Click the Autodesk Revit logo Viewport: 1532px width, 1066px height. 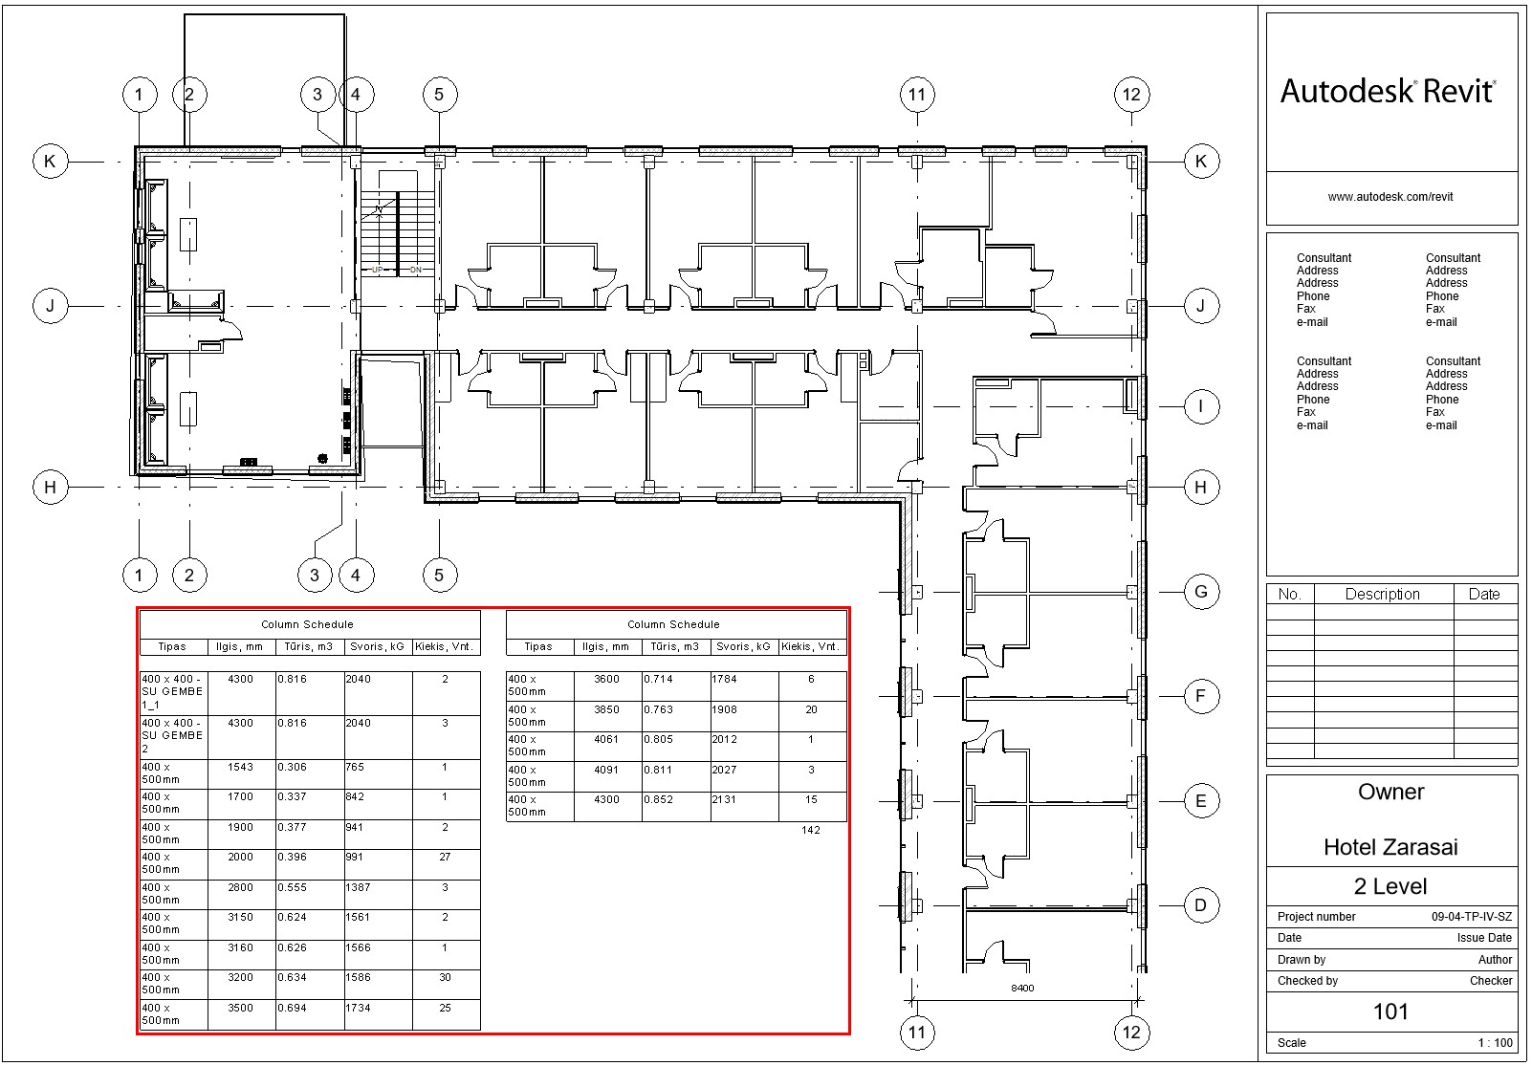[1389, 92]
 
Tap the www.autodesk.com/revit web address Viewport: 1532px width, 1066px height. [1390, 197]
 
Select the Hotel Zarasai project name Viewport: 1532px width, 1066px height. [1390, 847]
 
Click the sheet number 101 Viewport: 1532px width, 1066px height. [1390, 1012]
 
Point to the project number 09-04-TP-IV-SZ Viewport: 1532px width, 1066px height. [1472, 916]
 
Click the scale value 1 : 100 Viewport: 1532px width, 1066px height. [1495, 1043]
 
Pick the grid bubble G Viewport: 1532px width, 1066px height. [1201, 592]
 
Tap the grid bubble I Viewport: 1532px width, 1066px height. [1201, 407]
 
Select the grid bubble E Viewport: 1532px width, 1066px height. [1201, 801]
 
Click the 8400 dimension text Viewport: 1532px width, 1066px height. [1022, 988]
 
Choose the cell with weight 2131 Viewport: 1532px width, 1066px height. [724, 799]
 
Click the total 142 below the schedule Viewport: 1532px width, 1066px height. [811, 830]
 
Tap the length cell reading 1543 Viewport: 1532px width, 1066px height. [240, 767]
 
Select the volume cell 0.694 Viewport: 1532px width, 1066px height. [292, 1008]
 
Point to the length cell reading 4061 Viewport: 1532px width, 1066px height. [606, 739]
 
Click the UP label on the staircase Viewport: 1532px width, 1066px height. [378, 271]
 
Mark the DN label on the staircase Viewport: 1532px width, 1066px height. [416, 271]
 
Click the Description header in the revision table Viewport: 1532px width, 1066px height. [1382, 595]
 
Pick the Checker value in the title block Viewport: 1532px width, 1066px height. [1491, 981]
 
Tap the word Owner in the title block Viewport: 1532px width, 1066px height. [1391, 792]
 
